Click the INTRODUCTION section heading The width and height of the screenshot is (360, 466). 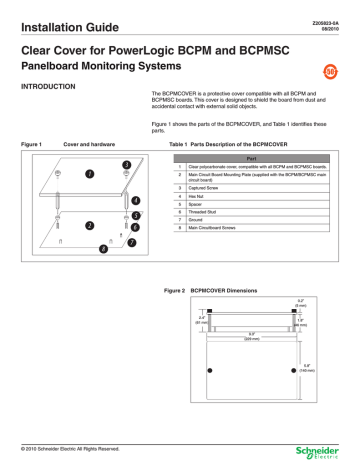pos(51,88)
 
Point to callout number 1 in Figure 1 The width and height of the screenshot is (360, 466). pos(62,173)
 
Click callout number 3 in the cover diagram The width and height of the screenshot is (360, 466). pos(126,163)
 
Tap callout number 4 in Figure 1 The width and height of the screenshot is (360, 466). pos(135,201)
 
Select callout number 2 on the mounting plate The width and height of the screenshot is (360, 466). pos(62,226)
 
